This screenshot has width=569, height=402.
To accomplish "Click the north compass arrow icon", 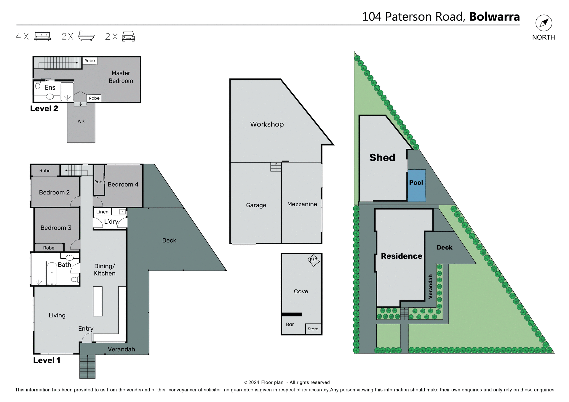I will [544, 23].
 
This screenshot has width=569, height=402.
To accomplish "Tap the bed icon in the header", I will [42, 36].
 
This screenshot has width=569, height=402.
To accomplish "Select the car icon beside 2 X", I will [128, 36].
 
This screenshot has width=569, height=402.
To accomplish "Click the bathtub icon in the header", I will [86, 36].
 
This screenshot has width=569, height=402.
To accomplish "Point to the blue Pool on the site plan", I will [416, 186].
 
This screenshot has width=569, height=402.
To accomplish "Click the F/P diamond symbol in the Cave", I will [314, 260].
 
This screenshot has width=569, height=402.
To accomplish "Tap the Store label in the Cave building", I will [313, 329].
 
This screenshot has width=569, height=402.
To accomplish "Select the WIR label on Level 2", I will [81, 121].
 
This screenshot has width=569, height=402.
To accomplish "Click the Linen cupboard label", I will [102, 212].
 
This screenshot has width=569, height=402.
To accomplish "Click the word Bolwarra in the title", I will [494, 17].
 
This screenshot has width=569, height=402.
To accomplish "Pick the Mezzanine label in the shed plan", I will [302, 204].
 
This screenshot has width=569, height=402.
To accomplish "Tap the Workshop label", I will [267, 124].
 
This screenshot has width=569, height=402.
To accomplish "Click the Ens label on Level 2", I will [50, 88].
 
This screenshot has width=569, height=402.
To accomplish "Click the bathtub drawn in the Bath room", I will [52, 273].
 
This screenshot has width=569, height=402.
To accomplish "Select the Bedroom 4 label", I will [123, 185].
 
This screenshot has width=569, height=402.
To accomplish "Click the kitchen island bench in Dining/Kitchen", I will [98, 301].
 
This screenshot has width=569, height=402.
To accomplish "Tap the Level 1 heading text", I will [47, 361].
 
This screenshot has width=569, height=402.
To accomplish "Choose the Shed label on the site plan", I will [382, 158].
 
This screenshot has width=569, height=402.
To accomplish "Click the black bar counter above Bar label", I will [292, 314].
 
